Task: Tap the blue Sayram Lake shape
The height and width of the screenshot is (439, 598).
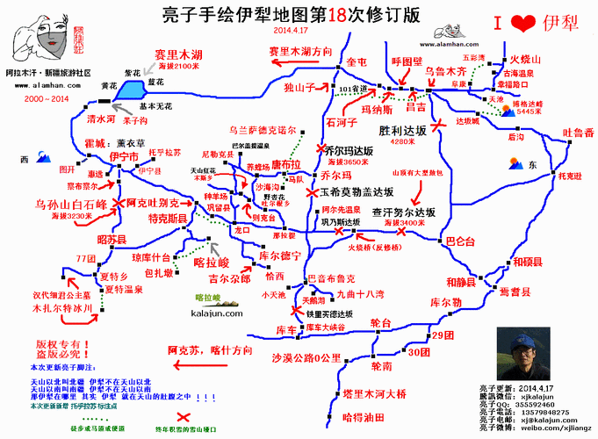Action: (x=133, y=89)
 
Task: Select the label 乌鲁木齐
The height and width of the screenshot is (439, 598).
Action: (x=445, y=69)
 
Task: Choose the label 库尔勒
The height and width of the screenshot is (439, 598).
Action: (x=445, y=302)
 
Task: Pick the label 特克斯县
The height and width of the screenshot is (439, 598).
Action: (x=166, y=218)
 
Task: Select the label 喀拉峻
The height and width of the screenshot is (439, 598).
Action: (x=211, y=262)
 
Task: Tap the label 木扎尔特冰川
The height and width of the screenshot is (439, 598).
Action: (x=62, y=309)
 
